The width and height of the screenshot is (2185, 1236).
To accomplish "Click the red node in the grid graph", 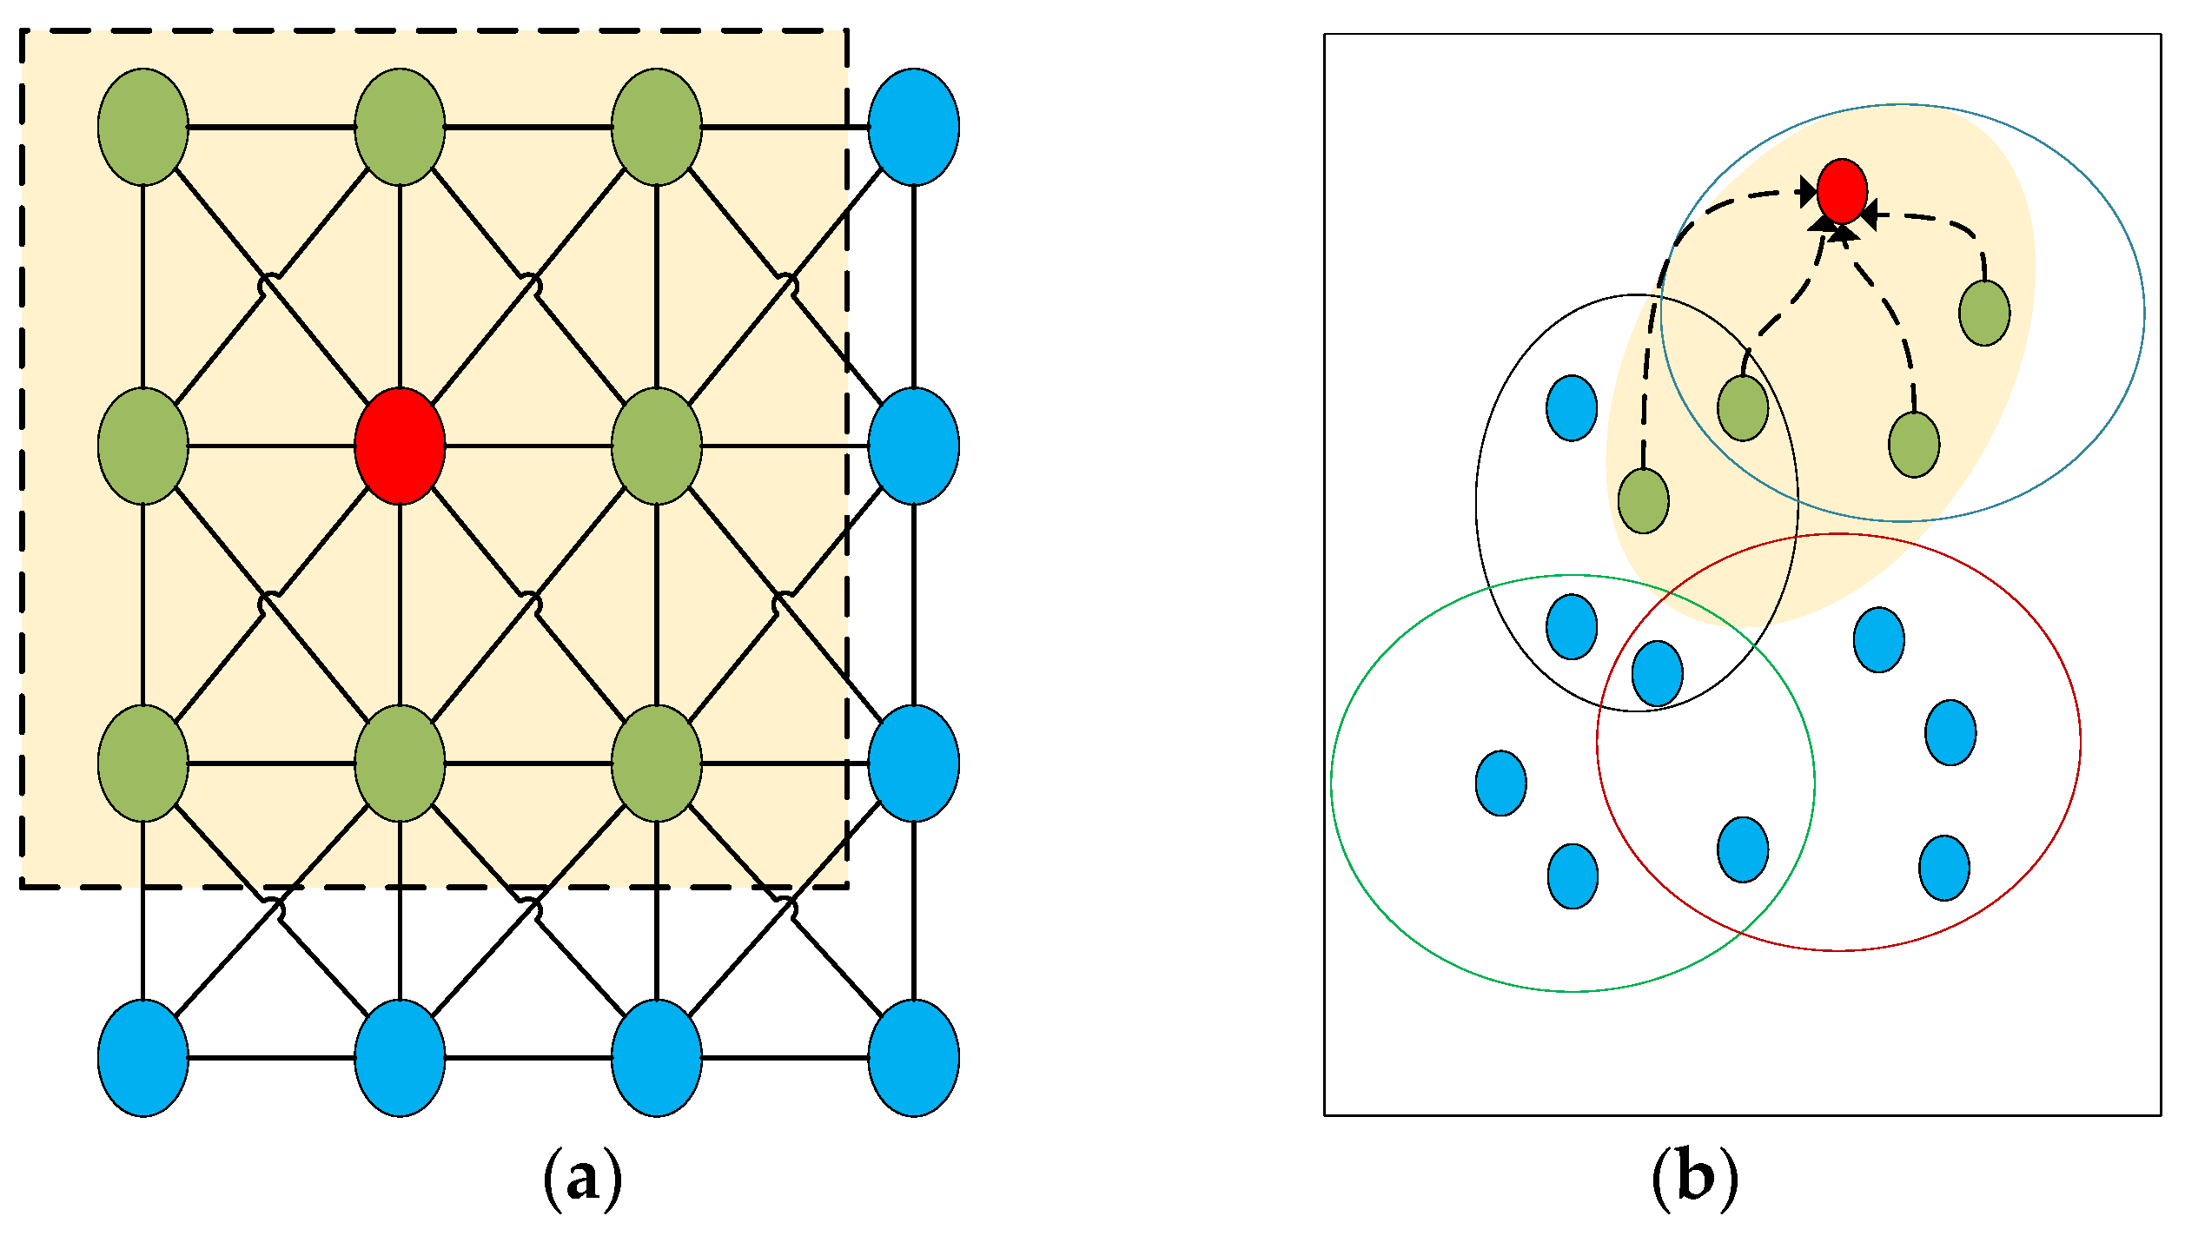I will (x=400, y=446).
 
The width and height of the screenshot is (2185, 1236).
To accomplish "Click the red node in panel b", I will (x=1842, y=191).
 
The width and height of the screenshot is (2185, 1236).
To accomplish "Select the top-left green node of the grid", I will (x=143, y=127).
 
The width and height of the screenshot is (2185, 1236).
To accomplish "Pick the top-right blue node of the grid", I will (x=913, y=127).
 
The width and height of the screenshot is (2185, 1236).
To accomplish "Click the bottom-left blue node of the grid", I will (x=143, y=1058).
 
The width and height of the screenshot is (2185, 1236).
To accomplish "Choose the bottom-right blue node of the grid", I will (x=913, y=1058).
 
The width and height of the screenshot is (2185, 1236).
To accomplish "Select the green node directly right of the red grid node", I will (x=656, y=446).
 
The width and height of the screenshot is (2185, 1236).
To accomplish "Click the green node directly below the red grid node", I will (x=400, y=763).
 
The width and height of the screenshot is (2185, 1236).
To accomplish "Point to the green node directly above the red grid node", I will (x=400, y=127).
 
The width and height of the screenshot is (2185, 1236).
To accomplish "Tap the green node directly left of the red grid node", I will (x=143, y=446).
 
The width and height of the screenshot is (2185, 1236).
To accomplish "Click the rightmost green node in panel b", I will (x=1984, y=313).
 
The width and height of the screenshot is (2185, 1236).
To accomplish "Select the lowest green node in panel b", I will (x=1643, y=500).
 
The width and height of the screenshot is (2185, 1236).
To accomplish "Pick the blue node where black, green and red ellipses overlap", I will (x=1657, y=673).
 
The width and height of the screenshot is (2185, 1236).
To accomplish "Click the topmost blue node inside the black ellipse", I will (x=1572, y=407).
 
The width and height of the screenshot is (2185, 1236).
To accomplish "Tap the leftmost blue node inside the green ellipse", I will (x=1500, y=783).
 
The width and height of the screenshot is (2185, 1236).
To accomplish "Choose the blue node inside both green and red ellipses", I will (x=1743, y=849).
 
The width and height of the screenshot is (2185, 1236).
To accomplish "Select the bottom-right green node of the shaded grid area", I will (x=656, y=763).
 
